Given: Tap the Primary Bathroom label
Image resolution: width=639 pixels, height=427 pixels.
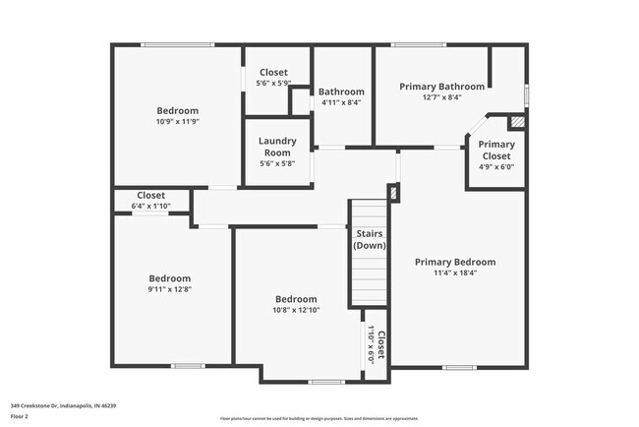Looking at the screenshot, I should click(441, 87).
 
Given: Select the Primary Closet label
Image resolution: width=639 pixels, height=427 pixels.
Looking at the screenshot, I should click(495, 150).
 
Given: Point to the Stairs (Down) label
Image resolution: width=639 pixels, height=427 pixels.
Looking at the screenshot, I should click(370, 239).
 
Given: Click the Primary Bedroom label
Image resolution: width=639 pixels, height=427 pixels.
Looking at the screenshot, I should click(454, 262).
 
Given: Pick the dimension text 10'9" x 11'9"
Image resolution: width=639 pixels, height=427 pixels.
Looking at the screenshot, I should click(178, 122).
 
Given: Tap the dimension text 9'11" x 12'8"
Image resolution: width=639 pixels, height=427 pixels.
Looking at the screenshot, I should click(169, 289).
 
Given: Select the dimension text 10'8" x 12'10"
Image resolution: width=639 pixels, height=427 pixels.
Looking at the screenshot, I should click(296, 310).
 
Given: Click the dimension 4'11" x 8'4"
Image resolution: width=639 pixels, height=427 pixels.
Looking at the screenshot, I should click(341, 101).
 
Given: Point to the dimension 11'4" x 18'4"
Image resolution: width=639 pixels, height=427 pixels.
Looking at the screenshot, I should click(454, 274).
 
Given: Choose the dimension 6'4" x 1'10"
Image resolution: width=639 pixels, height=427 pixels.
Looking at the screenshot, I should click(151, 206).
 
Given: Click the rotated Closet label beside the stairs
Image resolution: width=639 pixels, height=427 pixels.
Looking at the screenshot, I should click(381, 344).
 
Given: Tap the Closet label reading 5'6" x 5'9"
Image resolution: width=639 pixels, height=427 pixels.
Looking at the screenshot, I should click(273, 72).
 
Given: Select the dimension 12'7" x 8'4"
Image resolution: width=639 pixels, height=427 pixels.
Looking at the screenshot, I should click(441, 97).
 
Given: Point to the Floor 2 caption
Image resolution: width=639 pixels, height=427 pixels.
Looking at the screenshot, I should click(21, 416).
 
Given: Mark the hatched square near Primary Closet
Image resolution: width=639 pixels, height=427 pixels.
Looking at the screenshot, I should click(518, 122).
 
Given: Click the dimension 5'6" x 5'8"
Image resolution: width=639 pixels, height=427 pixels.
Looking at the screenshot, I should click(277, 163).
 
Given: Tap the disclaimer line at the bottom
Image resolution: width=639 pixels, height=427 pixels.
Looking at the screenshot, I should click(319, 418).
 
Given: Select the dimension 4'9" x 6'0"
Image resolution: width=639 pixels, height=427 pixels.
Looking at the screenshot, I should click(495, 166).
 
